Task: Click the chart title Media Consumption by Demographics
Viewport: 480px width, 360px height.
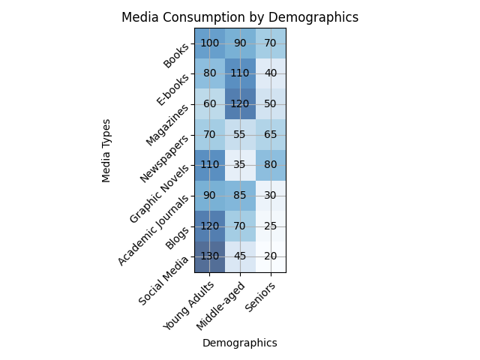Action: tap(240, 17)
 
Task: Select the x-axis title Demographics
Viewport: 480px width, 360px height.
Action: tap(240, 343)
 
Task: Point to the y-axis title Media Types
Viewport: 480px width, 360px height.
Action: tap(106, 150)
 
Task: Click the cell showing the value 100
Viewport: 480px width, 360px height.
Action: tap(209, 43)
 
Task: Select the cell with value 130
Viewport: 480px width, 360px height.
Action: tap(209, 256)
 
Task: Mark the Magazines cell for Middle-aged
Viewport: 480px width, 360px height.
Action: tap(240, 104)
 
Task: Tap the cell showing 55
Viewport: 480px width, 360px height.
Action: tap(240, 135)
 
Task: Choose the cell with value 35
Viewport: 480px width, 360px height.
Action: tap(240, 165)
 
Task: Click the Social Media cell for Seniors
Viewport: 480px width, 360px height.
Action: tap(271, 256)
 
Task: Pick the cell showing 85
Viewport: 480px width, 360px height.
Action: tap(240, 196)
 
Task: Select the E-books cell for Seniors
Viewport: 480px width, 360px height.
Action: tap(271, 74)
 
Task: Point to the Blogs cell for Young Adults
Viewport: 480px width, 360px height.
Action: tap(209, 226)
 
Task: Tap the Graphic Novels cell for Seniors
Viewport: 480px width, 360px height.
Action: tap(271, 165)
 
